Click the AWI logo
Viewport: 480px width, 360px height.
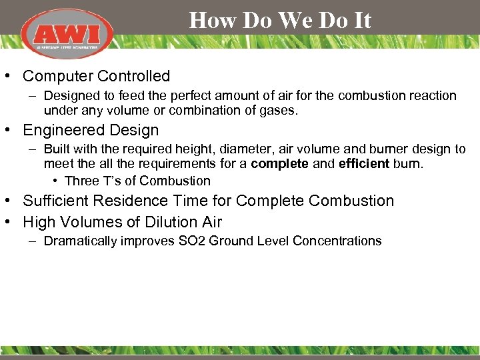[x=67, y=33]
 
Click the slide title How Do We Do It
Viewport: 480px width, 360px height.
[x=280, y=21]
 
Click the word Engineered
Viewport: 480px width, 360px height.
[x=62, y=130]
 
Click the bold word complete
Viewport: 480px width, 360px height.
[x=279, y=163]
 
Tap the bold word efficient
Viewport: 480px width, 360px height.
[x=363, y=163]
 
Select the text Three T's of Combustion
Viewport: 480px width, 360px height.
[x=137, y=181]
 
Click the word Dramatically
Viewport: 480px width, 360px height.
[x=80, y=241]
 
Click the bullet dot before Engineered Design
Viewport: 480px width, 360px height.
[x=12, y=130]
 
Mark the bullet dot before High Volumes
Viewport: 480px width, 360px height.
[x=12, y=221]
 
